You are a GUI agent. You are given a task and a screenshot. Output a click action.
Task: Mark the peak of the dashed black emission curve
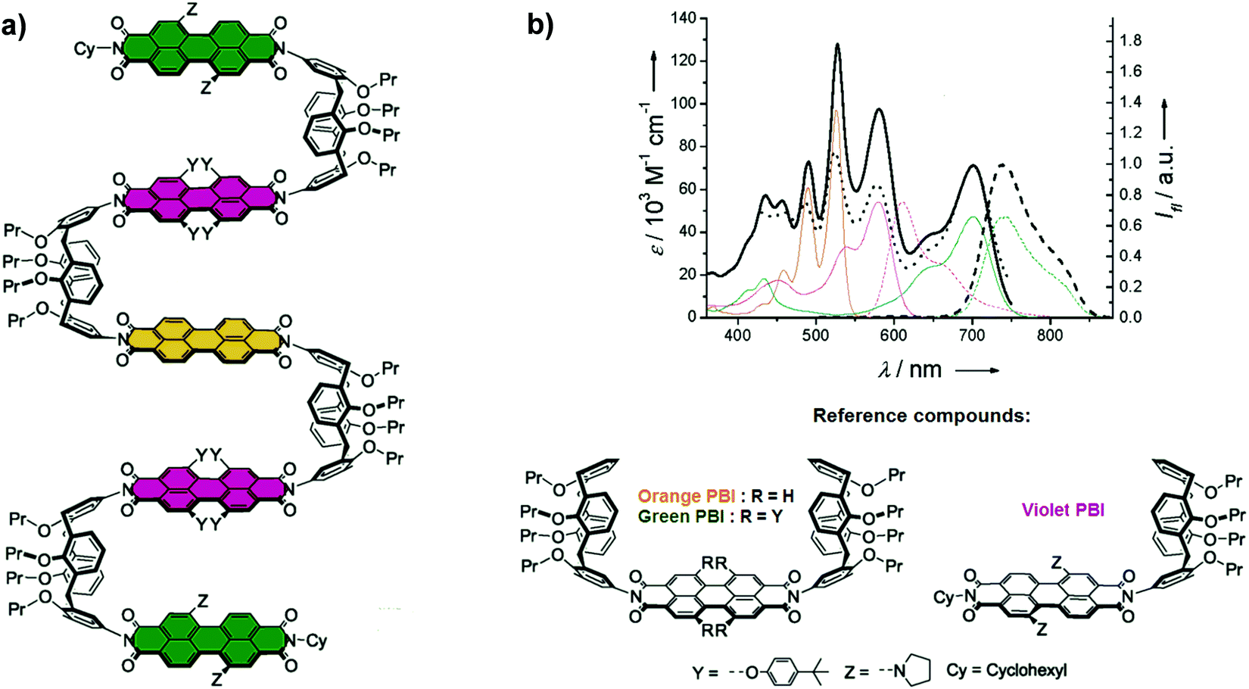click(1002, 164)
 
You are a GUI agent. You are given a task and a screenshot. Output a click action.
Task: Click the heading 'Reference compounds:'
click(921, 416)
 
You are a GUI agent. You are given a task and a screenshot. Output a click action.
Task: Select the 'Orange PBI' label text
click(681, 496)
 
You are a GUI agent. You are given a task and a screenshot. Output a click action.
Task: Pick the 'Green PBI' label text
click(680, 516)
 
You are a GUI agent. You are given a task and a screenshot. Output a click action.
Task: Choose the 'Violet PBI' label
click(1062, 510)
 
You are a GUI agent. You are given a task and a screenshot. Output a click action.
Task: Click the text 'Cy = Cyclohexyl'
click(1006, 670)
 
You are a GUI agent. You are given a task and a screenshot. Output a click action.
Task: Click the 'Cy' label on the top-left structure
click(85, 49)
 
